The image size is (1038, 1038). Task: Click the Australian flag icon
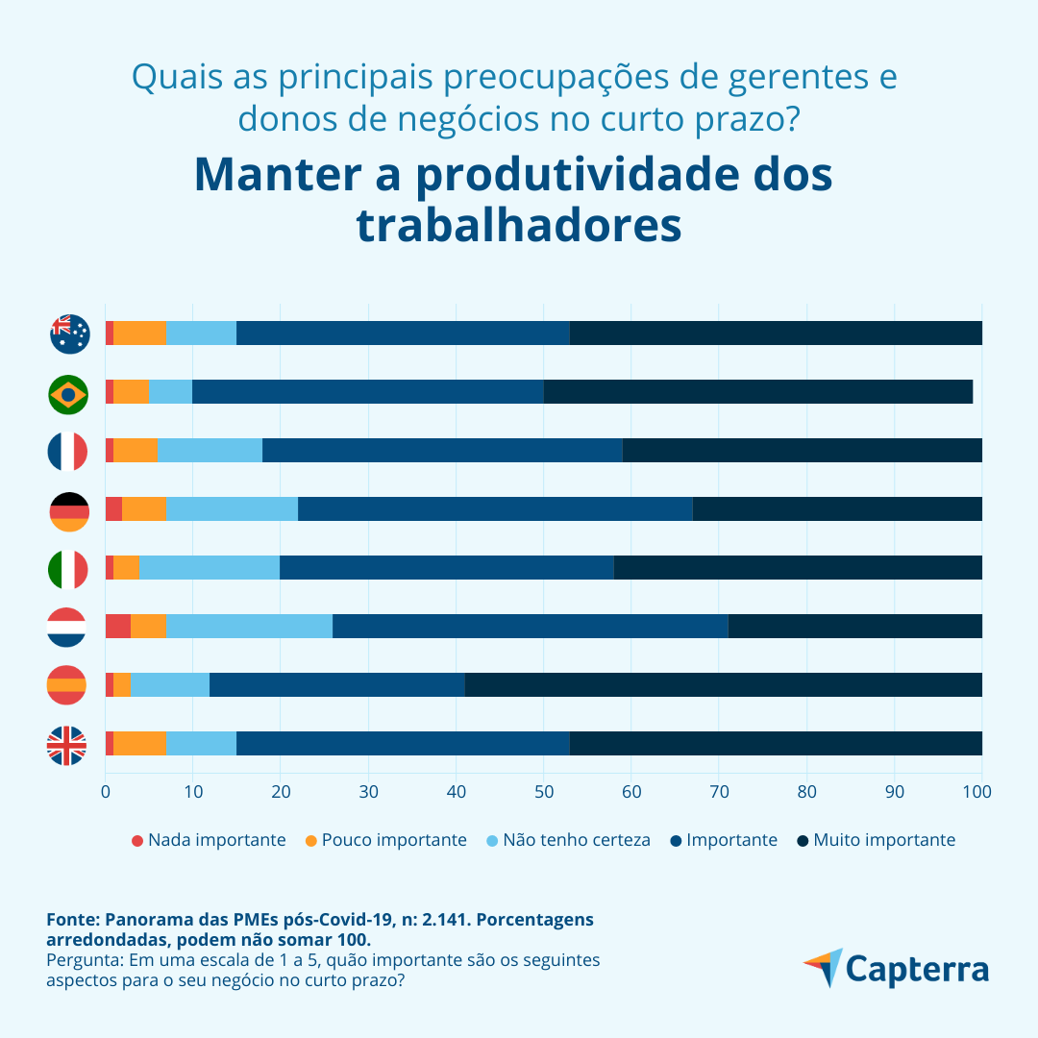click(69, 334)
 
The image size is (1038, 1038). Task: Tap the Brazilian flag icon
click(68, 393)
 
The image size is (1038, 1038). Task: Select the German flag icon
click(68, 510)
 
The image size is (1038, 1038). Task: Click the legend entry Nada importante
click(209, 840)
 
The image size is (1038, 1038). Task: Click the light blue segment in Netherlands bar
click(249, 627)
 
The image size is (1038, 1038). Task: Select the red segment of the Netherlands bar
click(117, 627)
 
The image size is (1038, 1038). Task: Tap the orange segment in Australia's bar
click(140, 333)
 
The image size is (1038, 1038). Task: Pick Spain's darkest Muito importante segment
click(723, 685)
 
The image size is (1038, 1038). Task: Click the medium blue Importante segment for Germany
click(495, 509)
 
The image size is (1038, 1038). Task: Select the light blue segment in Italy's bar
click(210, 568)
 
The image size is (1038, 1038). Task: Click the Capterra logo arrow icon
click(823, 966)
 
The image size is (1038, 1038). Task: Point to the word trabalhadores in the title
click(519, 226)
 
